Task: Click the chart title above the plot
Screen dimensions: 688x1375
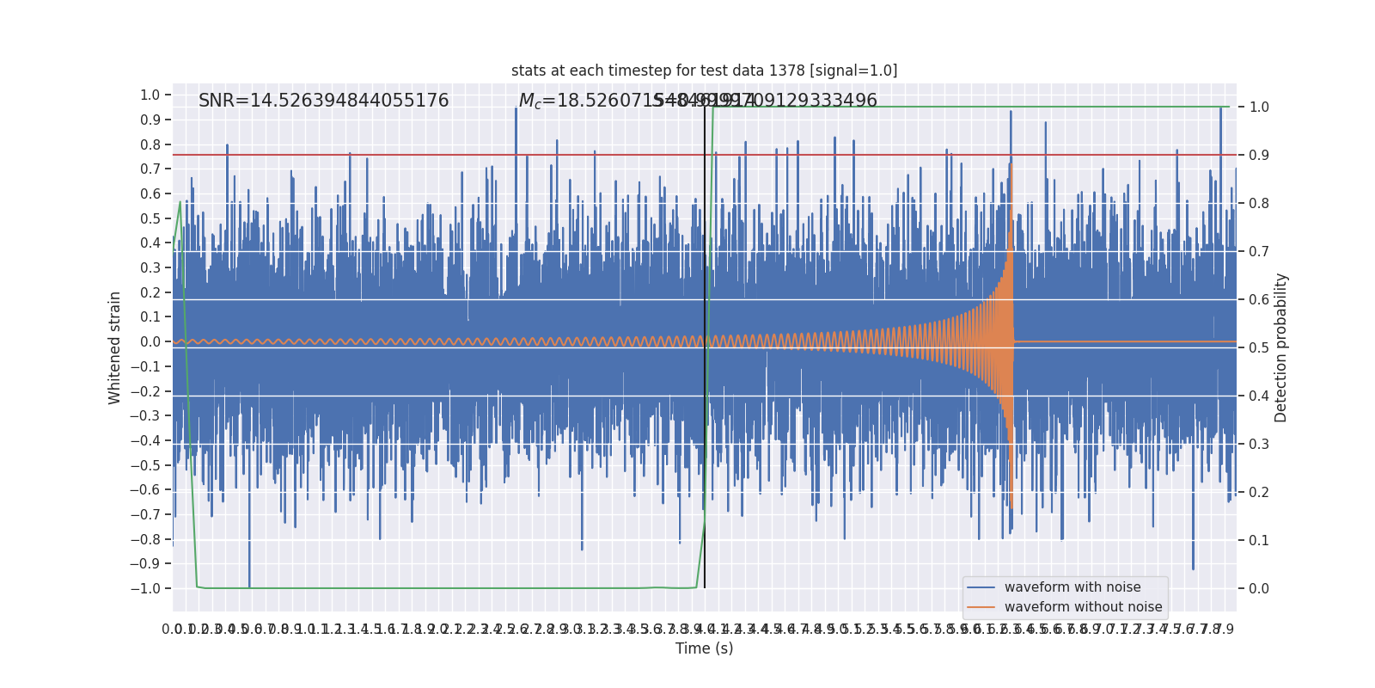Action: (x=704, y=71)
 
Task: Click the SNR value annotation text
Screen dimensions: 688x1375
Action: (x=323, y=101)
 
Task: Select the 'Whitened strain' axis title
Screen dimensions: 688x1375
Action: (x=115, y=347)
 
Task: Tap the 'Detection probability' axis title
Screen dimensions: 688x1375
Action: (x=1281, y=347)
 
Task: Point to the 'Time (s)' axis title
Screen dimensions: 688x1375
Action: (x=704, y=648)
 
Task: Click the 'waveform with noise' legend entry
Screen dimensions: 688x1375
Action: (x=1072, y=587)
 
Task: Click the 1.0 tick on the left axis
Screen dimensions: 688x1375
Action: (x=150, y=95)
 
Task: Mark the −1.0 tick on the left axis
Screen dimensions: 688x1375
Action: (x=147, y=588)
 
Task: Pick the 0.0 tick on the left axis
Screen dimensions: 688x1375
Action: (x=150, y=341)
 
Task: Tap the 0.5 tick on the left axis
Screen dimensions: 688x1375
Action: (x=150, y=218)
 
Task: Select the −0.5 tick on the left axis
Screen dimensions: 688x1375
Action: (x=147, y=465)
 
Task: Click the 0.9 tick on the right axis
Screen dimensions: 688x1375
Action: (x=1259, y=155)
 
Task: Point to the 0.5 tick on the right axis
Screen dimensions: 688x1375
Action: (x=1259, y=347)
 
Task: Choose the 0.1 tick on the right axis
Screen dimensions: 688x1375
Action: (x=1259, y=540)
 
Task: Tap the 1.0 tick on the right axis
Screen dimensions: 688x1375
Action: (x=1259, y=107)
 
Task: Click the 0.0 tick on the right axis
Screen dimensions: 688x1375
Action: (x=1259, y=588)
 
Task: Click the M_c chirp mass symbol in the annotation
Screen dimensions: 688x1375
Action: (x=529, y=101)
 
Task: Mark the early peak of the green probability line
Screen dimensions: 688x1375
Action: (x=180, y=202)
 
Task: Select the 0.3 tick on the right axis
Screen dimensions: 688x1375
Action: (x=1259, y=444)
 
